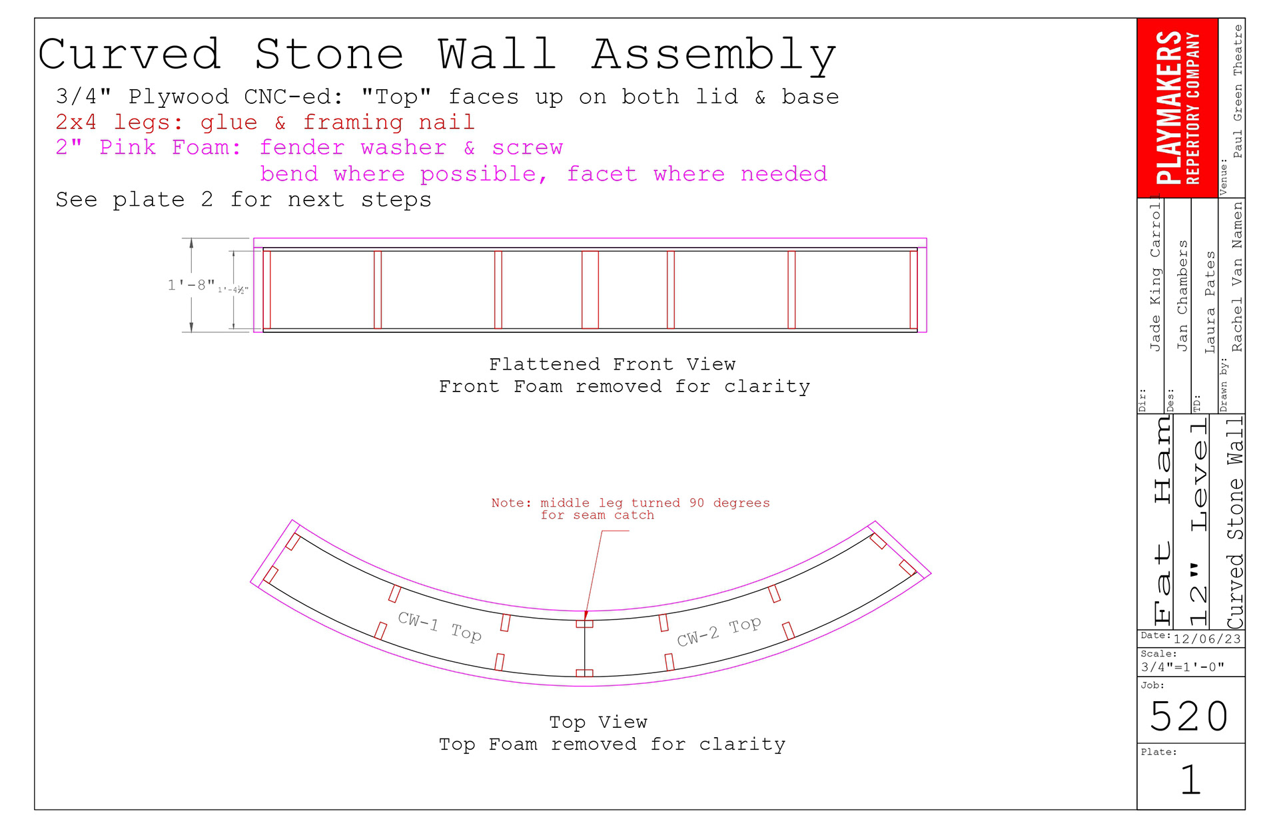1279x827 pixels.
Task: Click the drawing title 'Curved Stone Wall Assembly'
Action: tap(437, 55)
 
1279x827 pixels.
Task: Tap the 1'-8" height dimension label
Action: tap(191, 286)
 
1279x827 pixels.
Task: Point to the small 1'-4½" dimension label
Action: tap(232, 290)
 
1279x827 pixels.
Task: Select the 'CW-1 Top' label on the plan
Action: tap(440, 627)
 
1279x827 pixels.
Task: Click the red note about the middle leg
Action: tap(630, 509)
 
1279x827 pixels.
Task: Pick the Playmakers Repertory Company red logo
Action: tap(1177, 108)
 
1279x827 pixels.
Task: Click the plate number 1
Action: tap(1190, 780)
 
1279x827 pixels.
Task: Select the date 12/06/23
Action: tap(1207, 639)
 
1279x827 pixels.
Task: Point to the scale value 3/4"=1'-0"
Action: tap(1182, 667)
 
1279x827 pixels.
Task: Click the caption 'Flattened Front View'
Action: tap(612, 364)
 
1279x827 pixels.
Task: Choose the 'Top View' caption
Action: tap(598, 722)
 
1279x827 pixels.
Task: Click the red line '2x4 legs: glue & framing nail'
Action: tap(264, 123)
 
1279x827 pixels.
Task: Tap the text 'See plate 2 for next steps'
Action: tap(243, 200)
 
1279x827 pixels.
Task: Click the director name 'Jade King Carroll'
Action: tap(1155, 277)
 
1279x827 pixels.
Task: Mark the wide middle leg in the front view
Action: tap(590, 290)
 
